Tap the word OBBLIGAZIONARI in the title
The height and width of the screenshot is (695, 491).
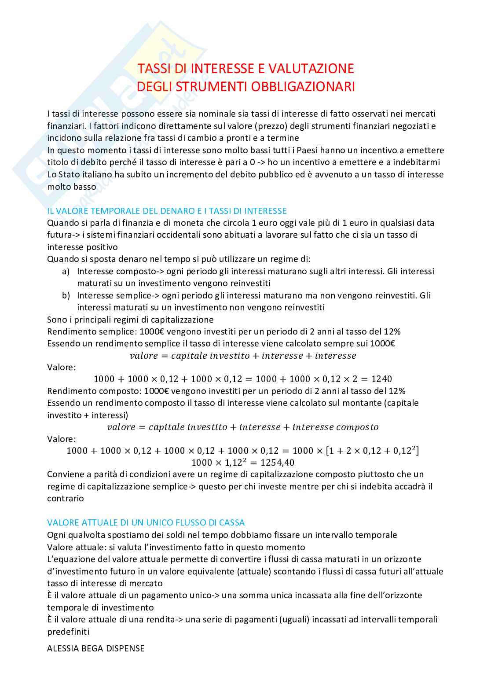tap(303, 87)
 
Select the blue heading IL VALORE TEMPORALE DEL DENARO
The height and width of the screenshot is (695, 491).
tap(167, 211)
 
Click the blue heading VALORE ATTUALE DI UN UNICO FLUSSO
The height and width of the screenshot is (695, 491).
tap(146, 522)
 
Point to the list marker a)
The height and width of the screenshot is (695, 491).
tap(66, 271)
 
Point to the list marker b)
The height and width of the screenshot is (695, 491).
tap(66, 295)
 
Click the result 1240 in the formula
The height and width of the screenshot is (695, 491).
tap(381, 379)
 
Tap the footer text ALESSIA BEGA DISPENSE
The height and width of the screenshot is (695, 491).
tap(95, 648)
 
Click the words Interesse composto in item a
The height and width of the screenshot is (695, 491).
tap(117, 271)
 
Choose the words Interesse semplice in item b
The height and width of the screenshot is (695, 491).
tap(114, 295)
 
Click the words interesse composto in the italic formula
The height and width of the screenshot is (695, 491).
tap(335, 427)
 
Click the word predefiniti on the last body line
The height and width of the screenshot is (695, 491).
tap(68, 632)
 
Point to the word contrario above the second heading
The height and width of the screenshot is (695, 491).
tap(66, 498)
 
